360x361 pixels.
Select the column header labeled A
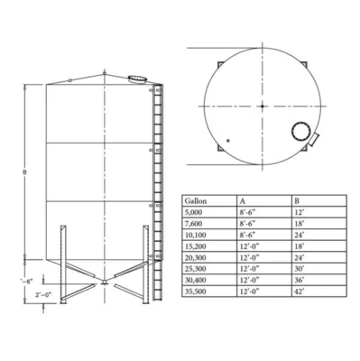coord(244,200)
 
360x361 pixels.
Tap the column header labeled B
coord(298,200)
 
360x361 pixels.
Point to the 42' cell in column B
coord(300,292)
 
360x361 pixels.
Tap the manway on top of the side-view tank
coord(137,79)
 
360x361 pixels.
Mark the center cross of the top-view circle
coord(263,106)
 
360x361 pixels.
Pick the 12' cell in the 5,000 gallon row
coord(300,213)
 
